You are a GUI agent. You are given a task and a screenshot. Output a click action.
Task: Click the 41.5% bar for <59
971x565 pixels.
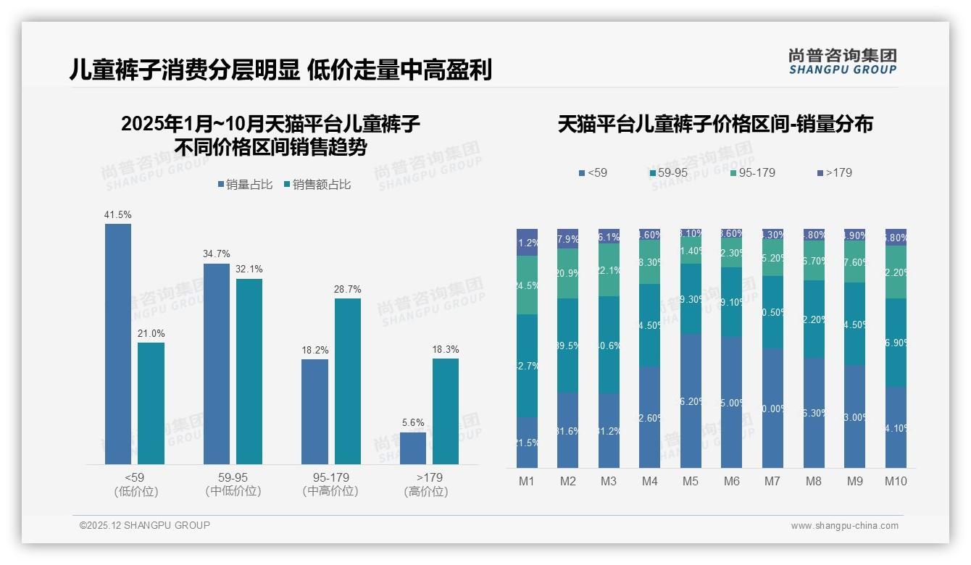pos(118,344)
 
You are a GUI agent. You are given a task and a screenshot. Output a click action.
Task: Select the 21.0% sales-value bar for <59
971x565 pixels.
pos(151,403)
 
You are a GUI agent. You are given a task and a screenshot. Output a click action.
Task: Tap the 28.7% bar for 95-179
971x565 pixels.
pos(348,381)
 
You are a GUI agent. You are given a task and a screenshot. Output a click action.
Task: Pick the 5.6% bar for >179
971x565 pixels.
pos(413,448)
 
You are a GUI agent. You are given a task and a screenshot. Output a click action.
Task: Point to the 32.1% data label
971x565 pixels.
pos(249,269)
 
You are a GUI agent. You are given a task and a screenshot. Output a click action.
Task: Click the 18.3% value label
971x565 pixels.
pos(446,349)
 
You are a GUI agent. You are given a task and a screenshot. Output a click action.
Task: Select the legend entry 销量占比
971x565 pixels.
pos(244,185)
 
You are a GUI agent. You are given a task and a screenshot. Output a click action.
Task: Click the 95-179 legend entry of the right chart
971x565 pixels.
pos(752,173)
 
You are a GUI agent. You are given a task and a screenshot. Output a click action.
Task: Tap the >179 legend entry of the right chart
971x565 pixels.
pos(834,173)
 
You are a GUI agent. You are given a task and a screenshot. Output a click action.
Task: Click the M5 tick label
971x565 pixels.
pos(691,481)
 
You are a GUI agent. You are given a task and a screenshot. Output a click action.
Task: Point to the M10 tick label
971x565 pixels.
pos(896,481)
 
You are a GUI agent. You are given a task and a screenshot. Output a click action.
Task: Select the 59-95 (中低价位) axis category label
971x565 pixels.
pos(233,484)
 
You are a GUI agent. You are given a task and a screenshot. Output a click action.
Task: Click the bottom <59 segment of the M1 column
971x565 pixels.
pos(527,443)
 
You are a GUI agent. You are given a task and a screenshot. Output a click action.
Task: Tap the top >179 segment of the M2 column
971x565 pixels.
pos(567,239)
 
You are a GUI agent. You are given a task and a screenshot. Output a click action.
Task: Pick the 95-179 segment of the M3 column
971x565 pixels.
pos(609,269)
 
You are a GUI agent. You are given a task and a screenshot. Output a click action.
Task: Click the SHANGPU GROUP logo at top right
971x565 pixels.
pos(843,61)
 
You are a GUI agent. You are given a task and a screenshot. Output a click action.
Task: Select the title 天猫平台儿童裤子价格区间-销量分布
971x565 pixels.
pos(715,124)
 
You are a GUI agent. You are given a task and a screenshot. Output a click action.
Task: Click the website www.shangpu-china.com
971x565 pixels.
pos(844,526)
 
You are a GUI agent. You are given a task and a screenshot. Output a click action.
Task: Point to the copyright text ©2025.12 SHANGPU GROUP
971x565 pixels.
pos(145,525)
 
